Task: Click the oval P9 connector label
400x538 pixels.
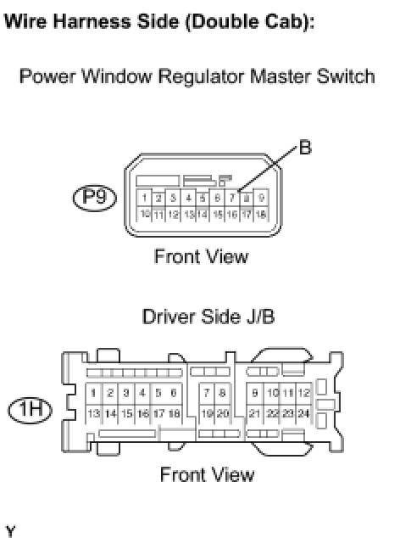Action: [95, 198]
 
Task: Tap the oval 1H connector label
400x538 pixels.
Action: [30, 410]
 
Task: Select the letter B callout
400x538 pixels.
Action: [305, 148]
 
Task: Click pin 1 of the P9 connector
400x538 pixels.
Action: [144, 198]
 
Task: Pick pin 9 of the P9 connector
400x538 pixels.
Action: [262, 198]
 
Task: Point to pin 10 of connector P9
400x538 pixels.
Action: [144, 214]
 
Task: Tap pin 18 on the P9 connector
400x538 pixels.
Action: [262, 214]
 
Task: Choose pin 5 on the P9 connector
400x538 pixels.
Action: [203, 198]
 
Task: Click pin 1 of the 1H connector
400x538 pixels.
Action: [93, 393]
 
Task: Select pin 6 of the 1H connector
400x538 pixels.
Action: [174, 393]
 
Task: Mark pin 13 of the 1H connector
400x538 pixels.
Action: [93, 413]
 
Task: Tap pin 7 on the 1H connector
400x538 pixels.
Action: [207, 393]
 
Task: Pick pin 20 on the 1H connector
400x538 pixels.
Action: [223, 413]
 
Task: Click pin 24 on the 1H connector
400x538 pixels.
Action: [303, 413]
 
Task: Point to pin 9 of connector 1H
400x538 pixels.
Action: [255, 393]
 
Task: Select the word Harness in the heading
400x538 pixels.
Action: [92, 21]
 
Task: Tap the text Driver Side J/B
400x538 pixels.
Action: [208, 317]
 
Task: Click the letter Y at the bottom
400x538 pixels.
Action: [11, 531]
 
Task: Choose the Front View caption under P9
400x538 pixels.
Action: [201, 256]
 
